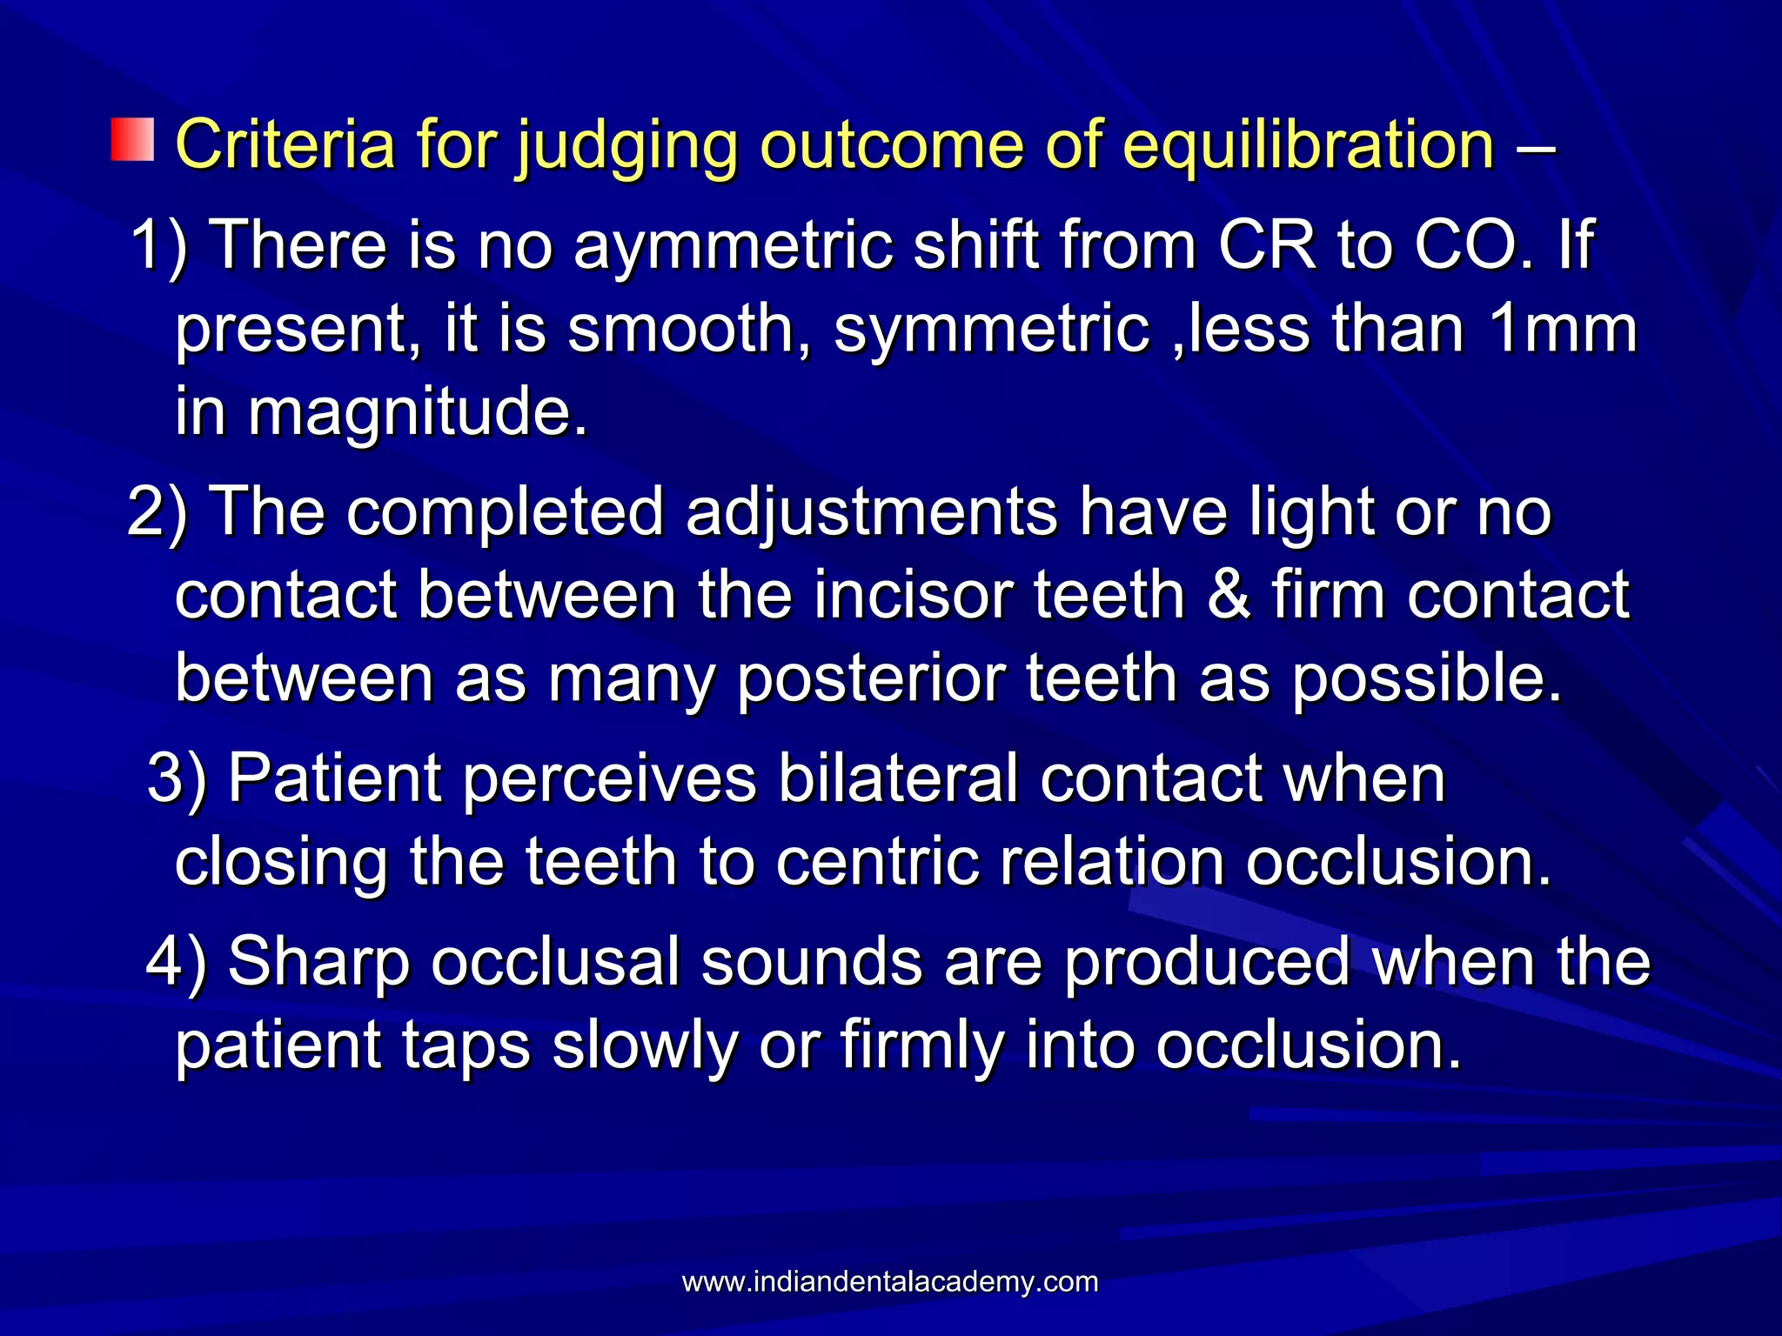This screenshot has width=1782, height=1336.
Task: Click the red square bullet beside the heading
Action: click(132, 141)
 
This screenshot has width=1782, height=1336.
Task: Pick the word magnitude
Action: click(419, 413)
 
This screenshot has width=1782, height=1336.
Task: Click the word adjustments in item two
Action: click(871, 512)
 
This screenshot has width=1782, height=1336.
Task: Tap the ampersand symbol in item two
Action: click(1228, 596)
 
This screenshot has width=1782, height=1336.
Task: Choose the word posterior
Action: click(871, 678)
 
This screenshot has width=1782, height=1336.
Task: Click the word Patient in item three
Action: click(335, 778)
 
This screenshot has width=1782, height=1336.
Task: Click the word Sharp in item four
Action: click(318, 962)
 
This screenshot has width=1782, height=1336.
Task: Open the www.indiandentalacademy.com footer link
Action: click(890, 1282)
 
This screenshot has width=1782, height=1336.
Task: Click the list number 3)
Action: click(178, 778)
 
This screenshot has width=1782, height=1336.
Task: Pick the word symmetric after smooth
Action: click(992, 331)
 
